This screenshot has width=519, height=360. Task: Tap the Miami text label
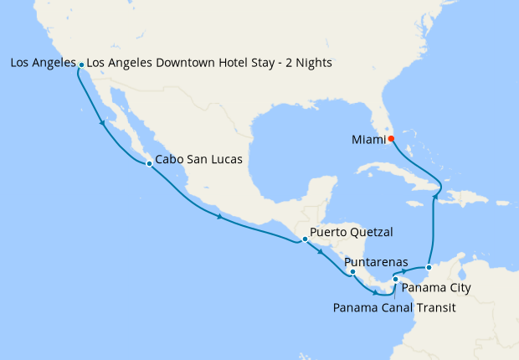pos(367,139)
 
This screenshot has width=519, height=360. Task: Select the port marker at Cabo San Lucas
pos(149,164)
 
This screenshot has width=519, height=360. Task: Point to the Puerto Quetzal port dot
pos(306,239)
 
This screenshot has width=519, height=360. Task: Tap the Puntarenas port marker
pos(352,271)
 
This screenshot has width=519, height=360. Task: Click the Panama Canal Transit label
pos(393,307)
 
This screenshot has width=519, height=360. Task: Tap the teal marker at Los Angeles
pos(80,64)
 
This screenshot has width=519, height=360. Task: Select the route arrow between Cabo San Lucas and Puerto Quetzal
pos(219,218)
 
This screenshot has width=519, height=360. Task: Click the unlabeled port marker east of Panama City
pos(429,267)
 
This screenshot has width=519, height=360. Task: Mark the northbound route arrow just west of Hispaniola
pos(435,197)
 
